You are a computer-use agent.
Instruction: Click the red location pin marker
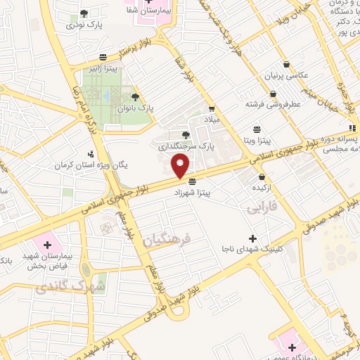coord(181,166)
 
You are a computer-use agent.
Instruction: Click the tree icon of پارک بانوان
coord(135,98)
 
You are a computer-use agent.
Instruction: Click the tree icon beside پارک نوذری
coord(84,13)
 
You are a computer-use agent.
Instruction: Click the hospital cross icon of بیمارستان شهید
coord(47,245)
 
